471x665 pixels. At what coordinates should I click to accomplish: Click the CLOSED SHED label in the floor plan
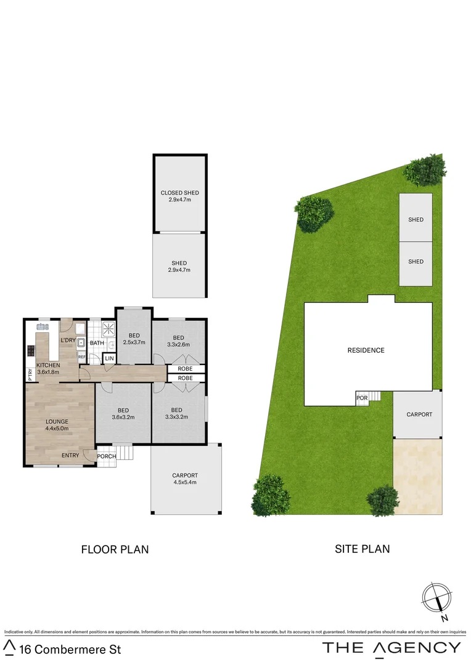[179, 196]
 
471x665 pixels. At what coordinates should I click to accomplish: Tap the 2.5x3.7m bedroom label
[134, 338]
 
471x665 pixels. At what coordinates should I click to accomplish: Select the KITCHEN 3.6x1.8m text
[48, 368]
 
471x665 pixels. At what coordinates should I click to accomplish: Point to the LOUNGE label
[57, 425]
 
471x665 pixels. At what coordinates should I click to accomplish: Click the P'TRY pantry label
[30, 374]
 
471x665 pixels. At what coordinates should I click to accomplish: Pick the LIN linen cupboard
[110, 358]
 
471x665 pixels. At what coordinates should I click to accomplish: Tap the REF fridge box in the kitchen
[82, 357]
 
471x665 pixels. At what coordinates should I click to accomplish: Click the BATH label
[97, 343]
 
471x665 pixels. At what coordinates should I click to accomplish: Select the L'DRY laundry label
[68, 340]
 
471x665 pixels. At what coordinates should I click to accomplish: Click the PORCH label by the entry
[107, 456]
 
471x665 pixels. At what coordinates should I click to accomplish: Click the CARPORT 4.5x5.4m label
[185, 478]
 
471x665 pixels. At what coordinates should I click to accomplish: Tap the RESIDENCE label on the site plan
[366, 350]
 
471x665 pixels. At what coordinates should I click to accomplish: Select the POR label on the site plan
[362, 398]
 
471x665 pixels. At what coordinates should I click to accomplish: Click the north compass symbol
[436, 597]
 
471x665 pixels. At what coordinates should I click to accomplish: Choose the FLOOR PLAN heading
[115, 549]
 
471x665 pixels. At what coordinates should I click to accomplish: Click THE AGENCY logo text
[391, 647]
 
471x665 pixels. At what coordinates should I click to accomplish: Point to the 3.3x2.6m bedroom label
[178, 341]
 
